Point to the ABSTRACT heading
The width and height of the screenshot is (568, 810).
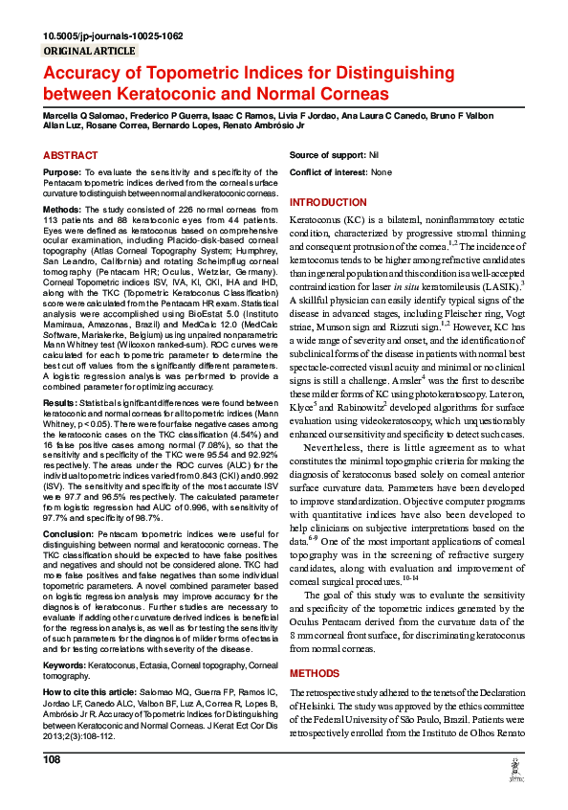(70, 155)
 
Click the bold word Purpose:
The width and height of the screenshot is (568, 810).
(61, 172)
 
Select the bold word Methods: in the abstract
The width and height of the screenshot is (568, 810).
(62, 208)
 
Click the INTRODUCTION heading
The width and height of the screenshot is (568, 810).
(328, 202)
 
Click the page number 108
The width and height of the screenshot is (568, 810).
(52, 759)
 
